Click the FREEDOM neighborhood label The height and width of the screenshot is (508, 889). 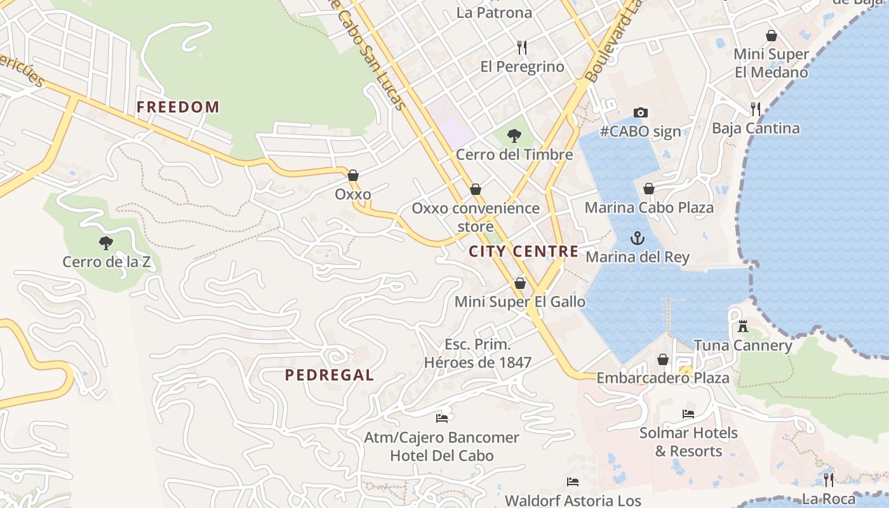178,107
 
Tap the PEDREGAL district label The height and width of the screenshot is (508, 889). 329,375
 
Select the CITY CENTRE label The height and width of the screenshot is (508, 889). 523,251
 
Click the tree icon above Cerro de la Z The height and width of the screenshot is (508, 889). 106,243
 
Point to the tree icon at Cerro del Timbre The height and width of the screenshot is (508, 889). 514,135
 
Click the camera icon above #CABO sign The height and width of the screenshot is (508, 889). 641,112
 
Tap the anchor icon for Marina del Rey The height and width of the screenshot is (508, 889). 637,238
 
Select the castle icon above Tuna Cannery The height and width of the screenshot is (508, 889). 742,327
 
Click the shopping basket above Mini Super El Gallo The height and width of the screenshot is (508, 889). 520,283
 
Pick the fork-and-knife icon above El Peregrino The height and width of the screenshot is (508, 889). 522,48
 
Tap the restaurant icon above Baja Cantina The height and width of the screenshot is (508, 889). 755,109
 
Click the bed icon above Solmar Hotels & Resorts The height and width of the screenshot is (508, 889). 688,414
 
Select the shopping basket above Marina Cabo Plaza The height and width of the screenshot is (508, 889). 649,189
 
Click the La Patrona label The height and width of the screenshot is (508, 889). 494,13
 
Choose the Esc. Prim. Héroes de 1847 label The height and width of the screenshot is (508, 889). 478,354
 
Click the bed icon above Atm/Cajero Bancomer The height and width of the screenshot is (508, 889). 442,418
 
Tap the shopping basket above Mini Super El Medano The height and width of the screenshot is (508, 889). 772,36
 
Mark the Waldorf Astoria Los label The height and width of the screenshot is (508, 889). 573,500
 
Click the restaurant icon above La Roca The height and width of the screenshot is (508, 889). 829,479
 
